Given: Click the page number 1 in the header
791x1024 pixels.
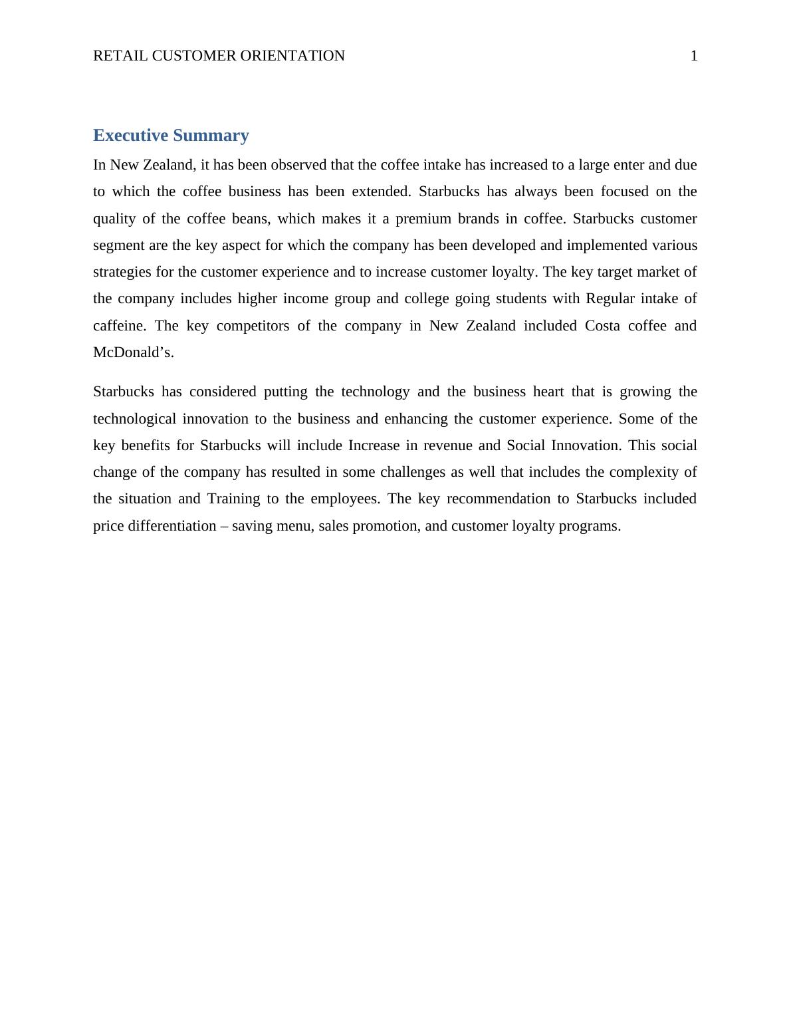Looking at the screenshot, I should pos(694,56).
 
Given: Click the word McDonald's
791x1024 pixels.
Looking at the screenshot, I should pos(133,352).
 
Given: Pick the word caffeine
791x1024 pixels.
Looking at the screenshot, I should pos(118,326).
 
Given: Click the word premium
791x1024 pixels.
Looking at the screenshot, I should pos(423,219).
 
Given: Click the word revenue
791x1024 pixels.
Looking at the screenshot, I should pos(447,446).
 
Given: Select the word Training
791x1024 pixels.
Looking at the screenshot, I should pos(233,499).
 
